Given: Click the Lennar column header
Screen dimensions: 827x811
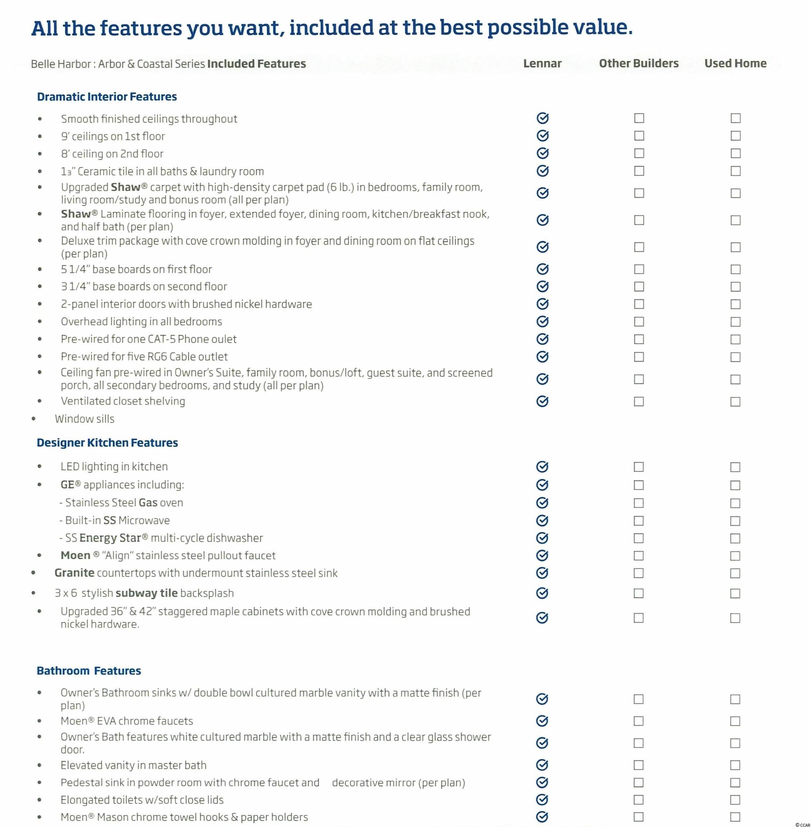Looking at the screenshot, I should (x=542, y=64).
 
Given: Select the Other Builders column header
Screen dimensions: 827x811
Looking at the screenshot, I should (x=638, y=64).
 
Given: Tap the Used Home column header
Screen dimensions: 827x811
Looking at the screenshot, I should (x=735, y=64).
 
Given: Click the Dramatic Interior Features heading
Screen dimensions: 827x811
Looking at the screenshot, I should (x=107, y=97).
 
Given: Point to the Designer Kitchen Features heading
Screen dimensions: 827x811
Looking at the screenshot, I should (x=107, y=443).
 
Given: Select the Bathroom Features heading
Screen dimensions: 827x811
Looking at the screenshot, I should (x=89, y=671).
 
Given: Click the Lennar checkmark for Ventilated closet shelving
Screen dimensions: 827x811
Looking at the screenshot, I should (x=542, y=401).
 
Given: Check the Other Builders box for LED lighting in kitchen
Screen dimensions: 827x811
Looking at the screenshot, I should (x=638, y=467).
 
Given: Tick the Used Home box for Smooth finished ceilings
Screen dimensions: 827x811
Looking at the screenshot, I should (x=735, y=118).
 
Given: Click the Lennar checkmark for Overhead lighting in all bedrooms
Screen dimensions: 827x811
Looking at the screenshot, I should (x=542, y=322).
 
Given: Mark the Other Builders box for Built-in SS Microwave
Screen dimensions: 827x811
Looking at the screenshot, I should (x=638, y=521).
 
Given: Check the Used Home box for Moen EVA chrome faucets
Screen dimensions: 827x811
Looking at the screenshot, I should (x=735, y=721).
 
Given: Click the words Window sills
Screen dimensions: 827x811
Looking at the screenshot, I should (x=84, y=419).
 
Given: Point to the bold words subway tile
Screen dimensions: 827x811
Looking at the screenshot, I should (x=146, y=593).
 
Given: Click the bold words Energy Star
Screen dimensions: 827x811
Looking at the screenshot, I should (x=110, y=538).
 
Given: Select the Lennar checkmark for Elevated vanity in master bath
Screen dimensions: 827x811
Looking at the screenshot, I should (x=542, y=765).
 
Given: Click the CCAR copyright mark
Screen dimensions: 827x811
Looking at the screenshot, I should (x=802, y=825).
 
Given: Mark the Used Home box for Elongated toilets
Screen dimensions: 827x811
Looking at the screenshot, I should (x=735, y=800).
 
